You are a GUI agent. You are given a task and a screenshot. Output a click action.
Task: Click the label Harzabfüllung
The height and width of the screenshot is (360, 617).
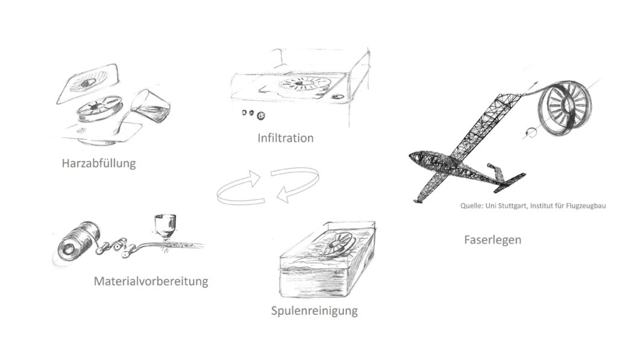pyautogui.click(x=99, y=163)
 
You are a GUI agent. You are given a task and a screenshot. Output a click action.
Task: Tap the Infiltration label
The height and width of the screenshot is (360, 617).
pyautogui.click(x=286, y=138)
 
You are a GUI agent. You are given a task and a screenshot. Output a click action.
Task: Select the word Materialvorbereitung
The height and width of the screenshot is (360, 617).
pyautogui.click(x=151, y=281)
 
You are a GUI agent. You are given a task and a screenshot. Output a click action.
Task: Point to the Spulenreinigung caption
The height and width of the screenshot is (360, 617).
pyautogui.click(x=315, y=311)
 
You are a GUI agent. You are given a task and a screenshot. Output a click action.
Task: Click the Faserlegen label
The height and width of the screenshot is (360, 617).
pyautogui.click(x=493, y=240)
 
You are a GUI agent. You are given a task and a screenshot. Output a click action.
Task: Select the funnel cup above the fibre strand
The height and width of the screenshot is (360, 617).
pyautogui.click(x=165, y=226)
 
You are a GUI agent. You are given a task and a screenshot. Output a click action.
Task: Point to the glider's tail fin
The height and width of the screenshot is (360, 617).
pyautogui.click(x=496, y=173)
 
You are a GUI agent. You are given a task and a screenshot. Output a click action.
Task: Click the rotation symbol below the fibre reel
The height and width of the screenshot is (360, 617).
pyautogui.click(x=530, y=133)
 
